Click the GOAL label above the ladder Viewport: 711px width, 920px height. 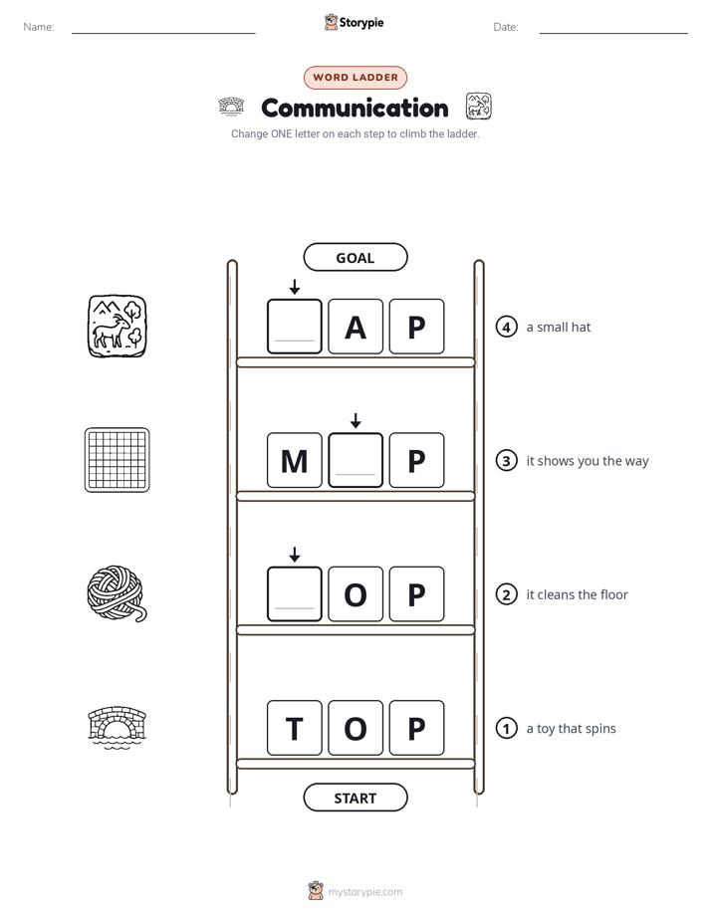pos(355,257)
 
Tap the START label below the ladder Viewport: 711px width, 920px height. pos(355,798)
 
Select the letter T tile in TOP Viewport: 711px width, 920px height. pos(295,728)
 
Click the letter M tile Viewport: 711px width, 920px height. pos(295,460)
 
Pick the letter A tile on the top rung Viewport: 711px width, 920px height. pos(355,327)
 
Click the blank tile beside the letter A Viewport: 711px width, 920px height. pos(295,327)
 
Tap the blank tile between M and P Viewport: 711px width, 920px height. pos(355,460)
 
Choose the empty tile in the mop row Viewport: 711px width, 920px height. pos(295,593)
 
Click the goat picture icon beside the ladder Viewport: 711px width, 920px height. pos(118,327)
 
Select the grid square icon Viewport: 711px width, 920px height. pos(118,460)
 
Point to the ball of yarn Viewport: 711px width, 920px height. pos(117,593)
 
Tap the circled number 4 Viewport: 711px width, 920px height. pos(506,327)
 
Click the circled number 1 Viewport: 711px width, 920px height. pos(506,728)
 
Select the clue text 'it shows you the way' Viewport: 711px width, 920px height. pos(588,461)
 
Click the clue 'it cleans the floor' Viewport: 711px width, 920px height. pos(577,594)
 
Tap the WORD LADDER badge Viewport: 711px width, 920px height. pos(355,78)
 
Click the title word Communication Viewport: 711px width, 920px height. pos(355,108)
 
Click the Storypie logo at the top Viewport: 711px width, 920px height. pos(354,22)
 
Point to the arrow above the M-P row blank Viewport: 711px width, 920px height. pos(355,420)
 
